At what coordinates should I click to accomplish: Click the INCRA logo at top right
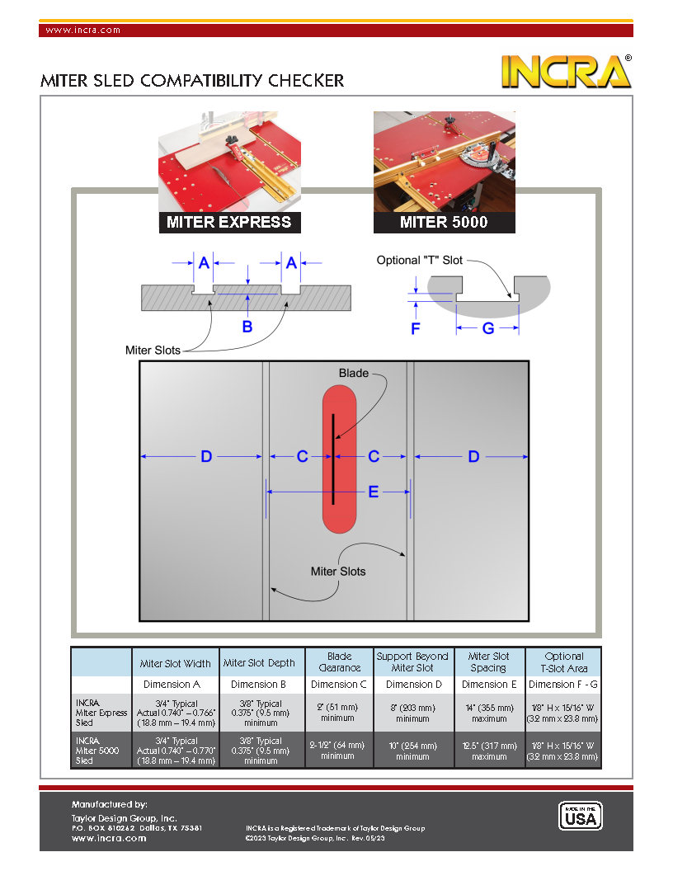[567, 72]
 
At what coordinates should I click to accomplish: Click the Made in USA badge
[581, 816]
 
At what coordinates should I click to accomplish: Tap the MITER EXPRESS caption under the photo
[228, 222]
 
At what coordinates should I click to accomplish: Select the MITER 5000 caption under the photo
[444, 222]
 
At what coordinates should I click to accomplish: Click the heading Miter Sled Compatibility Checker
[192, 81]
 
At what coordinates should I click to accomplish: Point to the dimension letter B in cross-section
[247, 327]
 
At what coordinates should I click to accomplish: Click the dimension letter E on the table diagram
[373, 492]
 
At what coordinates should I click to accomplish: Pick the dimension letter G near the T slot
[487, 328]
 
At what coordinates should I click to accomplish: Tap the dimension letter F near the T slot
[416, 328]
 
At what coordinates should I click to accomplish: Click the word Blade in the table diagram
[353, 373]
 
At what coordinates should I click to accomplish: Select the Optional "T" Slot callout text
[419, 260]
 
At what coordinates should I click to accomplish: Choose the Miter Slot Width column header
[175, 663]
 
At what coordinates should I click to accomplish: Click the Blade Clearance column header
[339, 662]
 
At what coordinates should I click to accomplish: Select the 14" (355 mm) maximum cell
[489, 713]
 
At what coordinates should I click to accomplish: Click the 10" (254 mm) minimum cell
[412, 751]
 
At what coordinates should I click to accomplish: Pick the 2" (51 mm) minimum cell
[338, 713]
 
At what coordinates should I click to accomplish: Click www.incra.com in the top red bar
[82, 30]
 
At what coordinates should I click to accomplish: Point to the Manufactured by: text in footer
[109, 803]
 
